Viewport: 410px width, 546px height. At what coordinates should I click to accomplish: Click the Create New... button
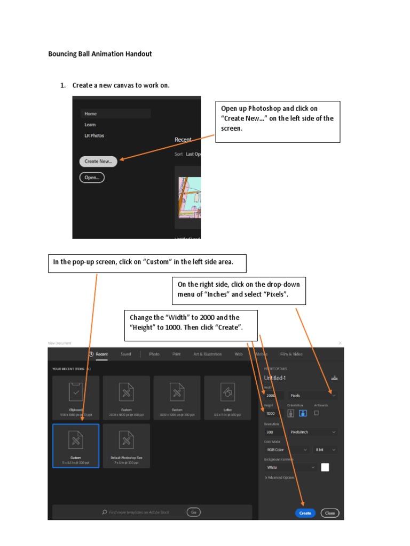tap(98, 161)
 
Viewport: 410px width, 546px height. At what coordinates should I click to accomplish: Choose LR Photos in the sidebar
tap(94, 135)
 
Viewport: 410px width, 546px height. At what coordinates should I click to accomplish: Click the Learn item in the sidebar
tap(90, 125)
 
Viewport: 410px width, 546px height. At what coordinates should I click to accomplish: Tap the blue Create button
tap(305, 513)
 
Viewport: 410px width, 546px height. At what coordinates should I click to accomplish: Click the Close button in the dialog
tap(330, 513)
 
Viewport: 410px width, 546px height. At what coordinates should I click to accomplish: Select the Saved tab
tap(126, 354)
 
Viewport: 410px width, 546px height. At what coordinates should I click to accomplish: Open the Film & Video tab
tap(291, 354)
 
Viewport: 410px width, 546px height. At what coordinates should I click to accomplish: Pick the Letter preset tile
tap(227, 397)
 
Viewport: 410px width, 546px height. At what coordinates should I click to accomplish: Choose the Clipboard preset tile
tap(76, 397)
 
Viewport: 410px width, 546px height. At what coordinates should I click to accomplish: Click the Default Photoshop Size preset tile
tap(126, 445)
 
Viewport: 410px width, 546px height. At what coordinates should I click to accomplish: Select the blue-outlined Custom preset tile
tap(76, 445)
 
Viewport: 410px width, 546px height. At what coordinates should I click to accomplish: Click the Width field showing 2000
tap(273, 396)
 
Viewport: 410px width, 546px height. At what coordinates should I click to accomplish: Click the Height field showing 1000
tap(272, 413)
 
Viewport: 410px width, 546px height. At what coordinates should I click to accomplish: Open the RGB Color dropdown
tap(287, 449)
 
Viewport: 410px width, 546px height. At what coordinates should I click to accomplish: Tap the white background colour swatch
tap(325, 467)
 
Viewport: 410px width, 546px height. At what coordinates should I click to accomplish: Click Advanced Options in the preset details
tap(280, 478)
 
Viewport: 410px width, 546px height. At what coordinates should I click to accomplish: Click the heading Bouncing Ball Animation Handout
tap(100, 54)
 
